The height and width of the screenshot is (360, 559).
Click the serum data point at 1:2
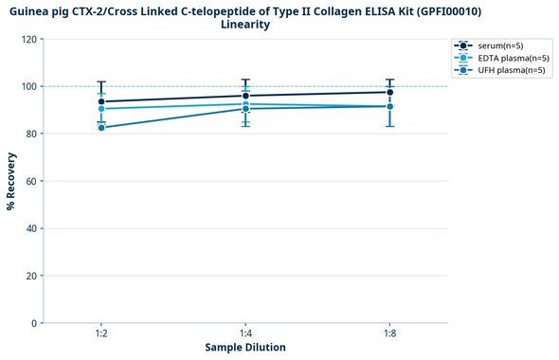101,101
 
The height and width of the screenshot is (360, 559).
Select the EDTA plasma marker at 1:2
101,109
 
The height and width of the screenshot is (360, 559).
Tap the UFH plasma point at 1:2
101,128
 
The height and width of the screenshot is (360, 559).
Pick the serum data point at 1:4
245,96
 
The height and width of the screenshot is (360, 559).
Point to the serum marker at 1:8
389,92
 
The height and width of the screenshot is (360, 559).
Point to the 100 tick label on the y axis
29,86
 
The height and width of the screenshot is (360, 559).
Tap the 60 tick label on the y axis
32,181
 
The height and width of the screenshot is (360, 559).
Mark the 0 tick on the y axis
35,323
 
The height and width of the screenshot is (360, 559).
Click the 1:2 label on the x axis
101,334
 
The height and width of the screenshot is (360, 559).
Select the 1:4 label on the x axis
245,334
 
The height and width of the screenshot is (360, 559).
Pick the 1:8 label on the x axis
389,334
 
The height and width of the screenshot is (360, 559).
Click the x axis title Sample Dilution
245,348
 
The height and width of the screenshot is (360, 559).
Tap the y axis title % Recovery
11,181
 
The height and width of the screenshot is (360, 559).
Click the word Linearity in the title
245,25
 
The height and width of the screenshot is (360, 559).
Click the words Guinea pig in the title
42,10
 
